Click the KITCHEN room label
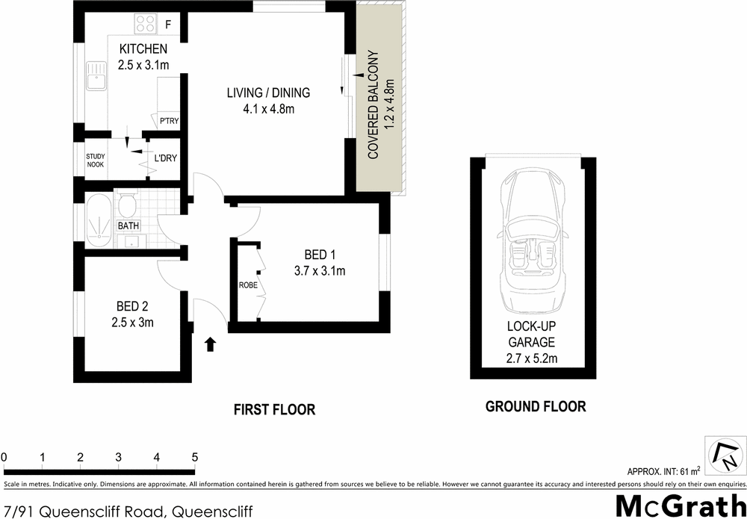point(143,49)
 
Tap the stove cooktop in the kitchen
point(143,25)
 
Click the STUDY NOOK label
point(95,161)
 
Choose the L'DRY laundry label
point(165,159)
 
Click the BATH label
point(128,226)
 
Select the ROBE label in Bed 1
point(248,285)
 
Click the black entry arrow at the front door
point(211,344)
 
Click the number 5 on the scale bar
point(195,457)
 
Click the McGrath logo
point(680,505)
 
